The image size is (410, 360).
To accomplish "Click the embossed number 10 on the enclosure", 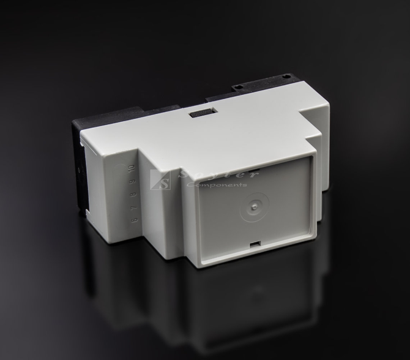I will [x=130, y=167].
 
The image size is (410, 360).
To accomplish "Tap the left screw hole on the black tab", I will [x=236, y=87].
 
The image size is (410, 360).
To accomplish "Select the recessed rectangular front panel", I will [x=255, y=208].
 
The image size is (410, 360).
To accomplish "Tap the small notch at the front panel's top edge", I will [x=257, y=169].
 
